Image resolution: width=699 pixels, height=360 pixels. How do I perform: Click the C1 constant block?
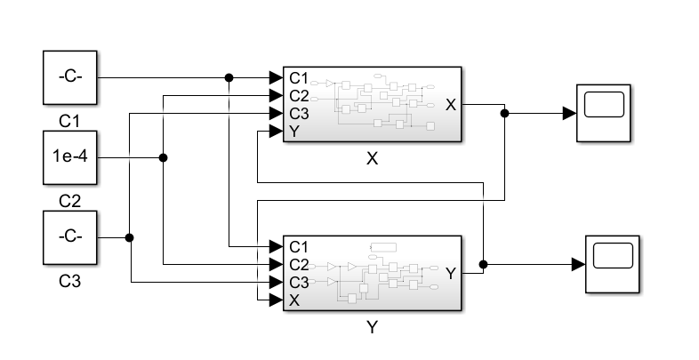[x=70, y=77]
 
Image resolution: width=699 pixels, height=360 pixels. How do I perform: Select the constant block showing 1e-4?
[x=70, y=157]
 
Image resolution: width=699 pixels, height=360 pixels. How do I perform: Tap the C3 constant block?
[x=70, y=237]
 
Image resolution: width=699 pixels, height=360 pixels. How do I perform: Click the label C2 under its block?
[x=70, y=201]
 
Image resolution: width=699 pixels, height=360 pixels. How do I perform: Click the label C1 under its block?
[x=70, y=120]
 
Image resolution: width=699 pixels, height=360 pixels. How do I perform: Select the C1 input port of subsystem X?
[x=299, y=77]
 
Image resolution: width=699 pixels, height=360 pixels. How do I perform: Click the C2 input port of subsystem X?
[x=299, y=95]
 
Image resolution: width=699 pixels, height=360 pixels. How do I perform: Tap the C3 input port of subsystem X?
[x=299, y=114]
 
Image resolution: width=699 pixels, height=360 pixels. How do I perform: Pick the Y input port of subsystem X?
[x=294, y=132]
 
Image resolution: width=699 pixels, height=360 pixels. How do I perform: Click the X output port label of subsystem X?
[x=450, y=104]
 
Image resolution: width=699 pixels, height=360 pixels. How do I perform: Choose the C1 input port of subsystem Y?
[x=299, y=245]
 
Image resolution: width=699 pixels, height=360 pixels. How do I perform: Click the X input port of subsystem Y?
[x=294, y=300]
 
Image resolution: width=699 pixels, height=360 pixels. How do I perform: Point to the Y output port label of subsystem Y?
[x=450, y=273]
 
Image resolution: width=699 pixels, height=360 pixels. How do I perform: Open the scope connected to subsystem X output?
[x=603, y=113]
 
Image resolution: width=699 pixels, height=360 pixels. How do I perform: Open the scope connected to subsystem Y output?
[x=612, y=264]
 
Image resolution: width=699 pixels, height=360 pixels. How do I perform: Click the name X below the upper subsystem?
[x=372, y=159]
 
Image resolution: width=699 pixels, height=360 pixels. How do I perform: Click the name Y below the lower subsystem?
[x=372, y=327]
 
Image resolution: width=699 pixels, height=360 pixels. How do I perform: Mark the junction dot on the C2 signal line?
[x=164, y=157]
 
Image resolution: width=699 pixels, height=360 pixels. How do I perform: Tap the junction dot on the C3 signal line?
[x=130, y=237]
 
